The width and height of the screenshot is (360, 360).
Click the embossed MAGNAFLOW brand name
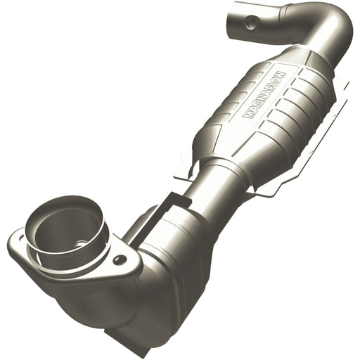[261, 93]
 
